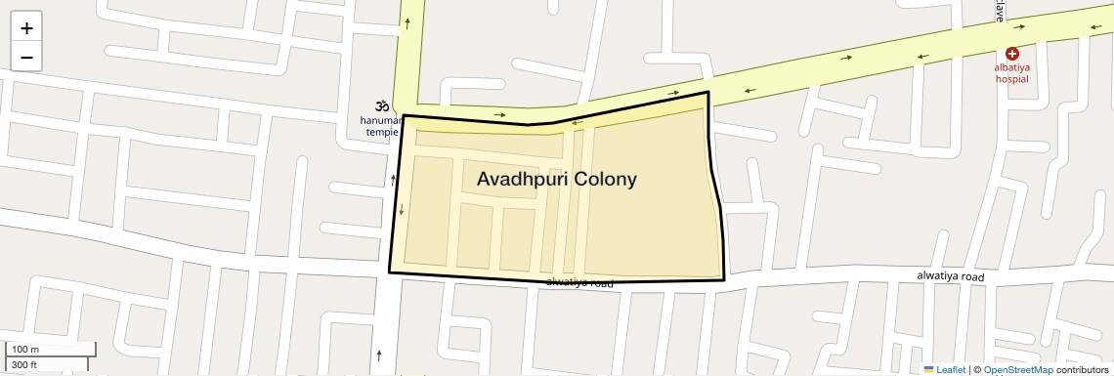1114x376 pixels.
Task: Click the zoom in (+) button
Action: pyautogui.click(x=26, y=28)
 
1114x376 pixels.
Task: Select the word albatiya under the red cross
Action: pyautogui.click(x=1012, y=68)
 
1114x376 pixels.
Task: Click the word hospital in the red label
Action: pyautogui.click(x=1012, y=79)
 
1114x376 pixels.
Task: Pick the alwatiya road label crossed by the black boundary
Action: pyautogui.click(x=579, y=282)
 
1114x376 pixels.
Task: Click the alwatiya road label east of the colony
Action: pyautogui.click(x=950, y=276)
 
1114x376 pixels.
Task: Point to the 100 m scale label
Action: pyautogui.click(x=25, y=349)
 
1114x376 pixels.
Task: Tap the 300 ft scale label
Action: pyautogui.click(x=24, y=365)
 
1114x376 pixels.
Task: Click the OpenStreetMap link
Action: pyautogui.click(x=1018, y=370)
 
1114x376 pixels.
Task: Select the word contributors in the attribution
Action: pyautogui.click(x=1082, y=370)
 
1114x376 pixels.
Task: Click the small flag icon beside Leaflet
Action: pyautogui.click(x=929, y=370)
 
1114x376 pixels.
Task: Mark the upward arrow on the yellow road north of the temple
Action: pyautogui.click(x=407, y=21)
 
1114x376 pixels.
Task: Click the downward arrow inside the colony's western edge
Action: pyautogui.click(x=401, y=210)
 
